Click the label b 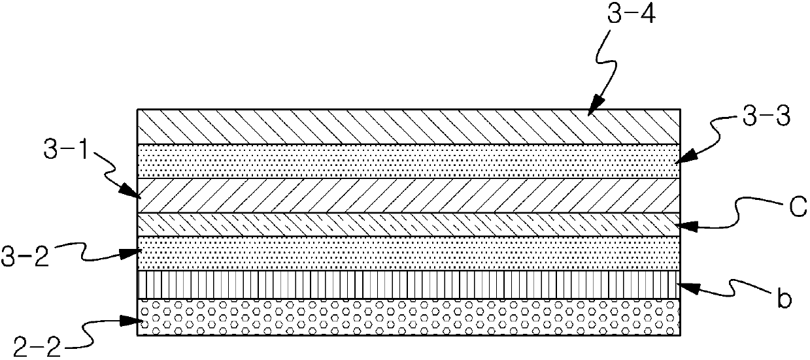(783, 299)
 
